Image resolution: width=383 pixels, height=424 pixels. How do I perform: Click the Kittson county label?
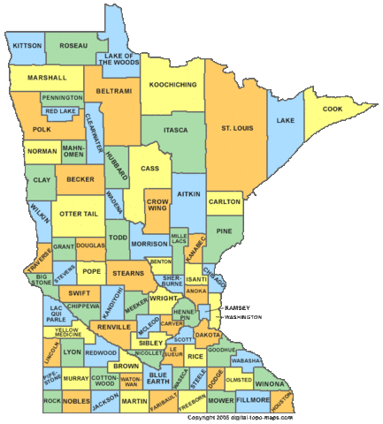27,44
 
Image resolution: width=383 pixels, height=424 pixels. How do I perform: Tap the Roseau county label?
73,44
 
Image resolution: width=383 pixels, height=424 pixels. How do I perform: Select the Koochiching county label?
173,84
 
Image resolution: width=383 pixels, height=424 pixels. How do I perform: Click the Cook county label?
333,109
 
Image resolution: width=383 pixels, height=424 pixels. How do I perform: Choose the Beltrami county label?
111,91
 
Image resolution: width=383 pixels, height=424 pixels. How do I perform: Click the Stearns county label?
129,275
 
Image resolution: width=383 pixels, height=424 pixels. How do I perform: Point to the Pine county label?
224,231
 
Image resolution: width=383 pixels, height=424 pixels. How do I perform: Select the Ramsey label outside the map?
238,307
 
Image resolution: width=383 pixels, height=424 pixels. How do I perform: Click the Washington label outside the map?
243,316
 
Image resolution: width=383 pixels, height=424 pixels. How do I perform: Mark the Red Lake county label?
61,111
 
